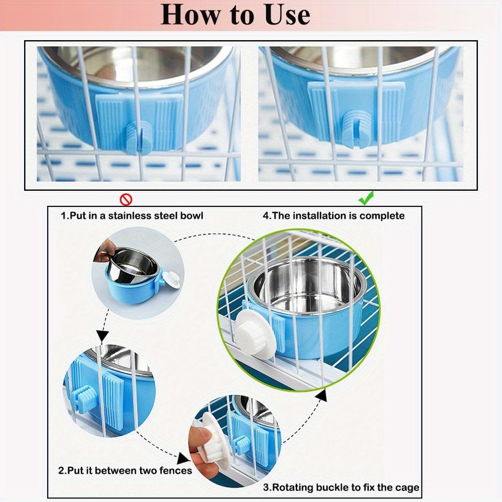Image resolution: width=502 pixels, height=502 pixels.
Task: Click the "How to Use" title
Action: [235, 15]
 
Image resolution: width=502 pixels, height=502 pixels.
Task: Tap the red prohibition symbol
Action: [125, 200]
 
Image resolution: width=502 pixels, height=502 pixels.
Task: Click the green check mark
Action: [365, 199]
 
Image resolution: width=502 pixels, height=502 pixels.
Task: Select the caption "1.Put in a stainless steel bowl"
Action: [132, 216]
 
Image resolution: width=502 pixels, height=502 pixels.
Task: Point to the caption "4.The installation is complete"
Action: [333, 216]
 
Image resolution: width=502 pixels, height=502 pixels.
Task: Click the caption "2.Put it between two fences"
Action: [125, 470]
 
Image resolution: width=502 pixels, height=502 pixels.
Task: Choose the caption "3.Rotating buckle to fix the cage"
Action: [341, 487]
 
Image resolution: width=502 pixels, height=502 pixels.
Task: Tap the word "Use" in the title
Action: [284, 15]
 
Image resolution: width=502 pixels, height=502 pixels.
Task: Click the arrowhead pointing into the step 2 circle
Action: [103, 336]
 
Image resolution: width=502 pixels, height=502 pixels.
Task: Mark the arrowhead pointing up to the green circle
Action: [321, 396]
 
